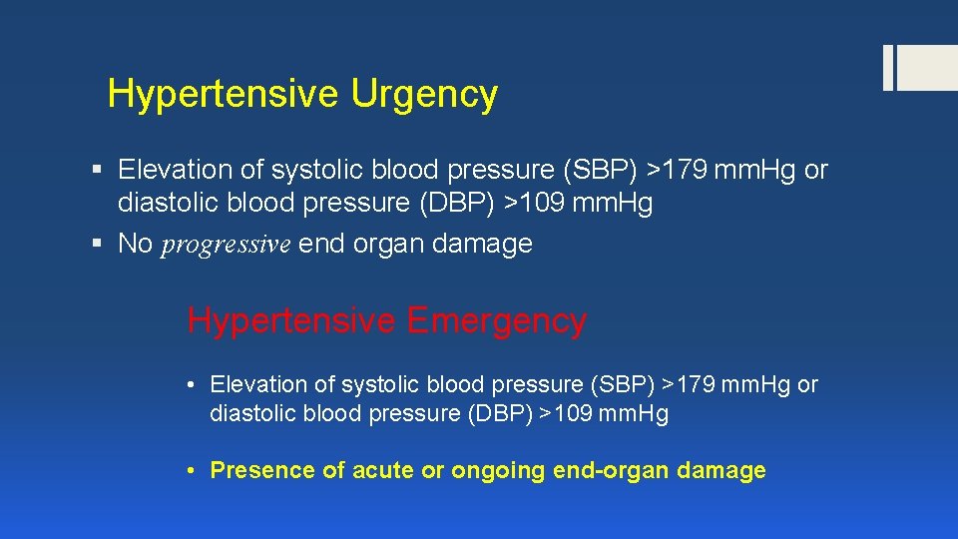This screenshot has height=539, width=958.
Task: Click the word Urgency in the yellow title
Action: click(424, 95)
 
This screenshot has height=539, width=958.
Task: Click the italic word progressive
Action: click(226, 245)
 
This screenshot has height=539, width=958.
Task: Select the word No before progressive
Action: click(135, 244)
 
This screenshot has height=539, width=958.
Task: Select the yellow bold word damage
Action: click(721, 470)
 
